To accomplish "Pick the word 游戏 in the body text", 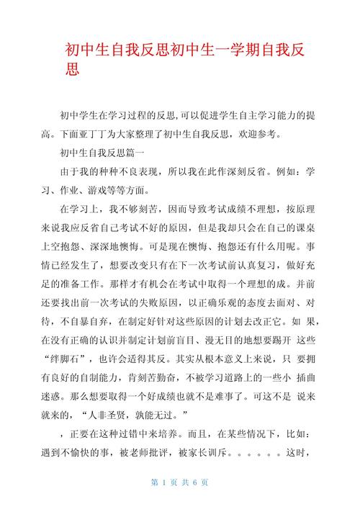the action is (x=122, y=191).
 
